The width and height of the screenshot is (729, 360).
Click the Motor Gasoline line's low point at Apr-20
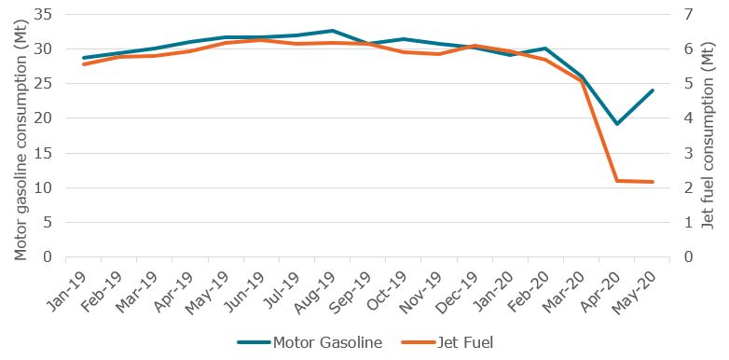pyautogui.click(x=616, y=124)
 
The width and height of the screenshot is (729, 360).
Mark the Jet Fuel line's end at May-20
pyautogui.click(x=653, y=182)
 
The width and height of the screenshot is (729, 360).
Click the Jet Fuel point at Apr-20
pyautogui.click(x=616, y=181)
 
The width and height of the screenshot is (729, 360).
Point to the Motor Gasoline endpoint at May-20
pyautogui.click(x=653, y=90)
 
